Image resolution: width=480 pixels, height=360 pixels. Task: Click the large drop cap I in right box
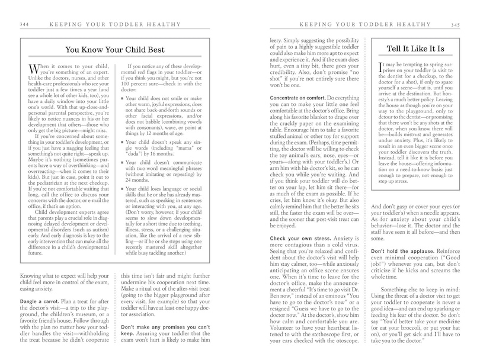coord(382,69)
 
